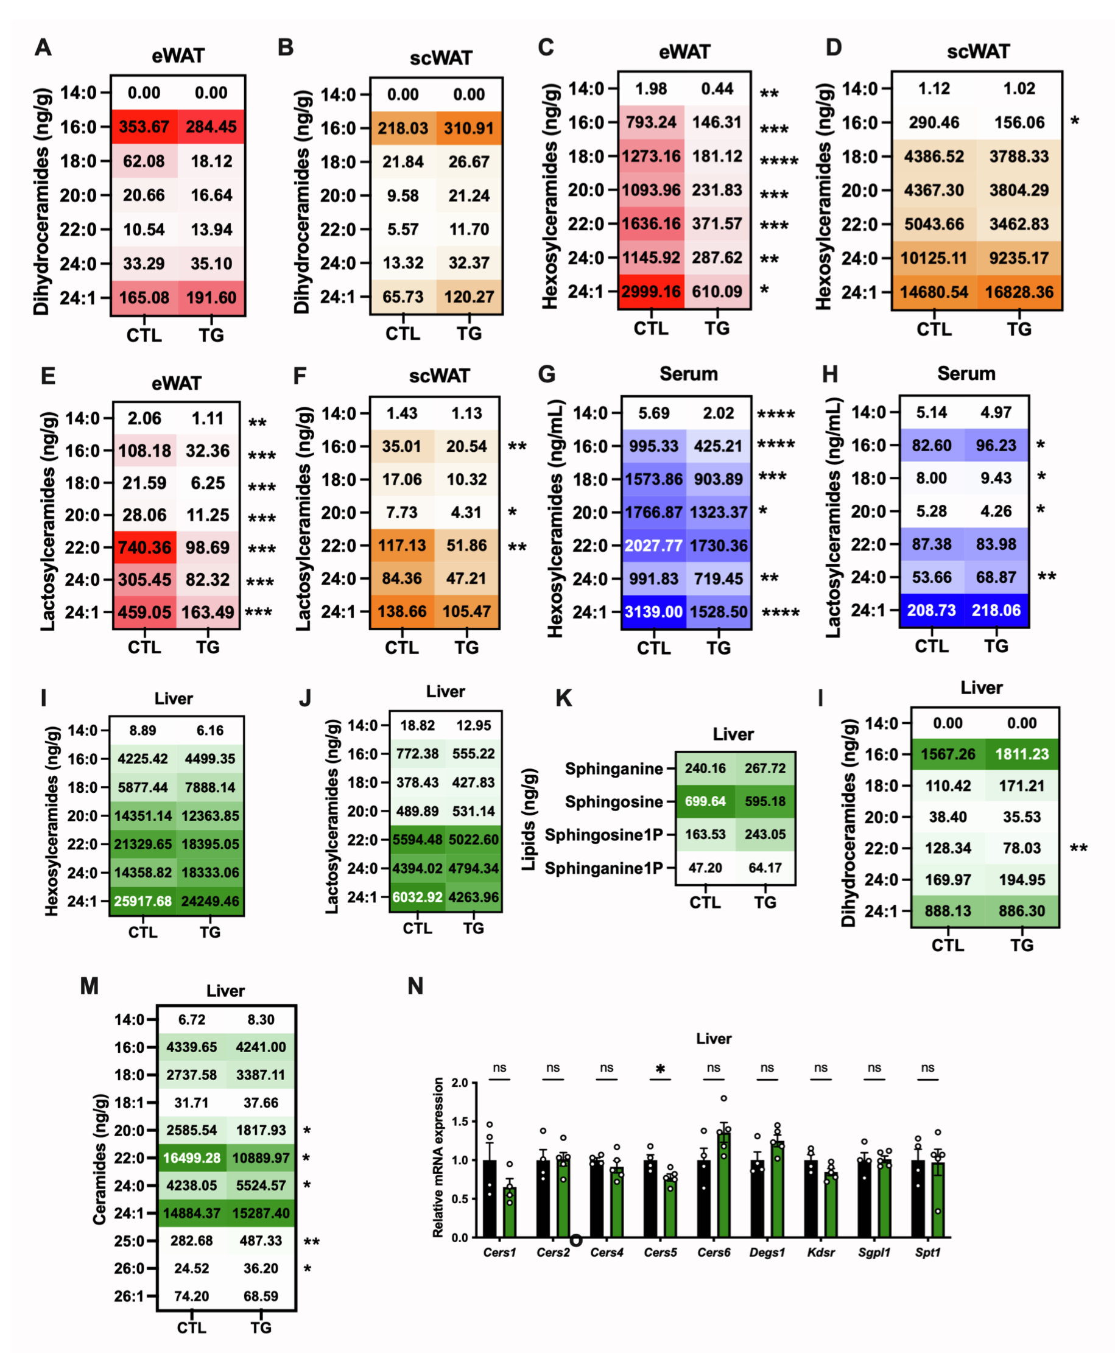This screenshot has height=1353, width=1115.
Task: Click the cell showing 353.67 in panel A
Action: click(x=144, y=127)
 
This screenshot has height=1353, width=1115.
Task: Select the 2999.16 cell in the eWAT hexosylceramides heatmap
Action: click(x=650, y=292)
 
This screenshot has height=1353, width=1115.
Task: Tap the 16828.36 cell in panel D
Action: click(x=1019, y=292)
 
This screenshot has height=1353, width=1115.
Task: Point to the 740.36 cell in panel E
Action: click(x=144, y=547)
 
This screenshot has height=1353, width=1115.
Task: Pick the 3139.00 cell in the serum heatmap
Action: click(x=653, y=611)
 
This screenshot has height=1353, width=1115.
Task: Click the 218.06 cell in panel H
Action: click(x=996, y=610)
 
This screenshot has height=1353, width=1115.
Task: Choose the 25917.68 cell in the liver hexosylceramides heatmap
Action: click(x=142, y=901)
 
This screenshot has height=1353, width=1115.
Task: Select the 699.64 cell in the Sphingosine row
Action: click(x=705, y=801)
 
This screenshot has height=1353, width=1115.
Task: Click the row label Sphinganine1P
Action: click(x=603, y=868)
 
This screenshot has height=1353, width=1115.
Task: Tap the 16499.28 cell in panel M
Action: click(x=191, y=1158)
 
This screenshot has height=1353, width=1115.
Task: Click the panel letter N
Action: click(x=415, y=986)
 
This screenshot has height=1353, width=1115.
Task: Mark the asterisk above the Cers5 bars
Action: click(x=660, y=1069)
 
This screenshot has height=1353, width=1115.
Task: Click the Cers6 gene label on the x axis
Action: click(x=714, y=1252)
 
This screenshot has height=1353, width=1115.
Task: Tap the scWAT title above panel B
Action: click(x=441, y=58)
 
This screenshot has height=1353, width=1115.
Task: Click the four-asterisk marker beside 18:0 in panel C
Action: click(x=778, y=161)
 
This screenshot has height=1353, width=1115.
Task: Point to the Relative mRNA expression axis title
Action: click(x=438, y=1157)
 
